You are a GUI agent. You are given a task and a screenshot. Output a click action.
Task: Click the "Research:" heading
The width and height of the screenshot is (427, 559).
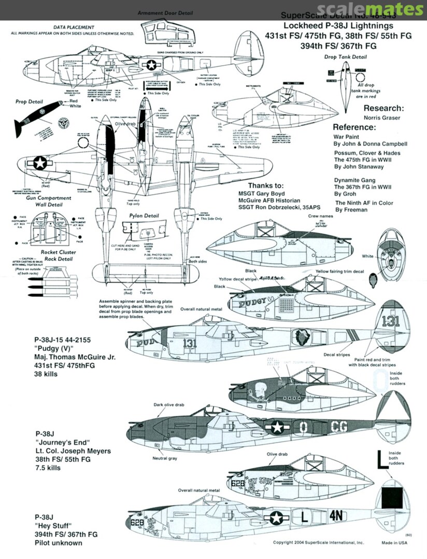click(x=383, y=109)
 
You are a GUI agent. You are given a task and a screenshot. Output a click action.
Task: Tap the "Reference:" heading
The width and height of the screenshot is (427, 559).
click(x=353, y=127)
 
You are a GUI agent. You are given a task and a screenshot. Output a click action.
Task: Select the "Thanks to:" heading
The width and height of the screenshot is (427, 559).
click(x=266, y=186)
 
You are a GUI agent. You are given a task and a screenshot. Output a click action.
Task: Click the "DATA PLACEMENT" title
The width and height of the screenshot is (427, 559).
click(x=74, y=27)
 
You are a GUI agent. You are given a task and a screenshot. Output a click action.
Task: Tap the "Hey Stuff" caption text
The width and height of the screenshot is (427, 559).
click(x=53, y=525)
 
